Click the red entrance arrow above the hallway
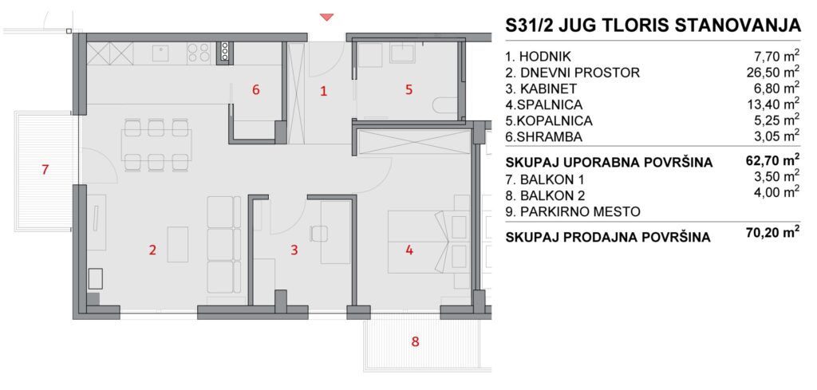[326, 18]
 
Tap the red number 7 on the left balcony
[45, 169]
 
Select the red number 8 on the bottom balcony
[415, 342]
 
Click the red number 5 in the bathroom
[409, 89]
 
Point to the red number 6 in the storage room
[255, 89]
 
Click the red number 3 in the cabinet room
[294, 250]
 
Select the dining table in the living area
[157, 144]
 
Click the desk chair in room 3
[318, 233]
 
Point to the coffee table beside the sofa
[178, 244]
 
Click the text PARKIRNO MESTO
[580, 212]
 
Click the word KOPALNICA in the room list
[555, 120]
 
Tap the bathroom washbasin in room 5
[402, 53]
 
